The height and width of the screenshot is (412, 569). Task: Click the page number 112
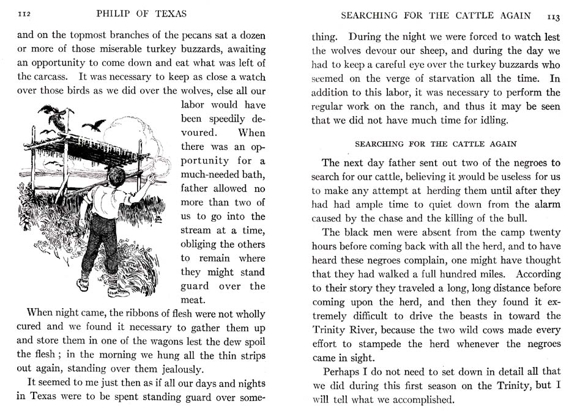coord(25,13)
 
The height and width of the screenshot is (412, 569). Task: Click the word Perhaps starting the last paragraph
coord(343,372)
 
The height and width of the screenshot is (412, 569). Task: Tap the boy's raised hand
coord(150,178)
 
